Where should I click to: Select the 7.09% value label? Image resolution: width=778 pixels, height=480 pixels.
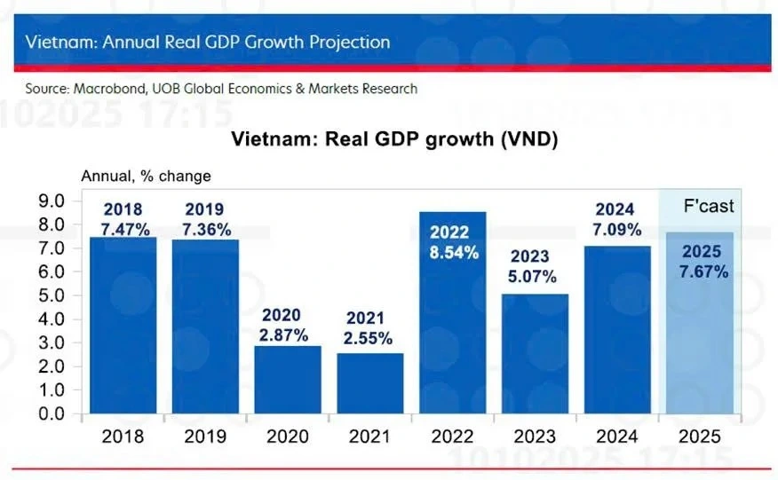point(615,229)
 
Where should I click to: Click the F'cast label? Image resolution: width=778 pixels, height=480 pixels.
point(708,206)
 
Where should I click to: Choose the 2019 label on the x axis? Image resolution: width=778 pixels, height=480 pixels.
point(204,437)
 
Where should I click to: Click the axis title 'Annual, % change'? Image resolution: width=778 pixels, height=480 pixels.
point(146,176)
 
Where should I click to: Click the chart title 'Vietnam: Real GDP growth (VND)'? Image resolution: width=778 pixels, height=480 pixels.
point(393,139)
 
